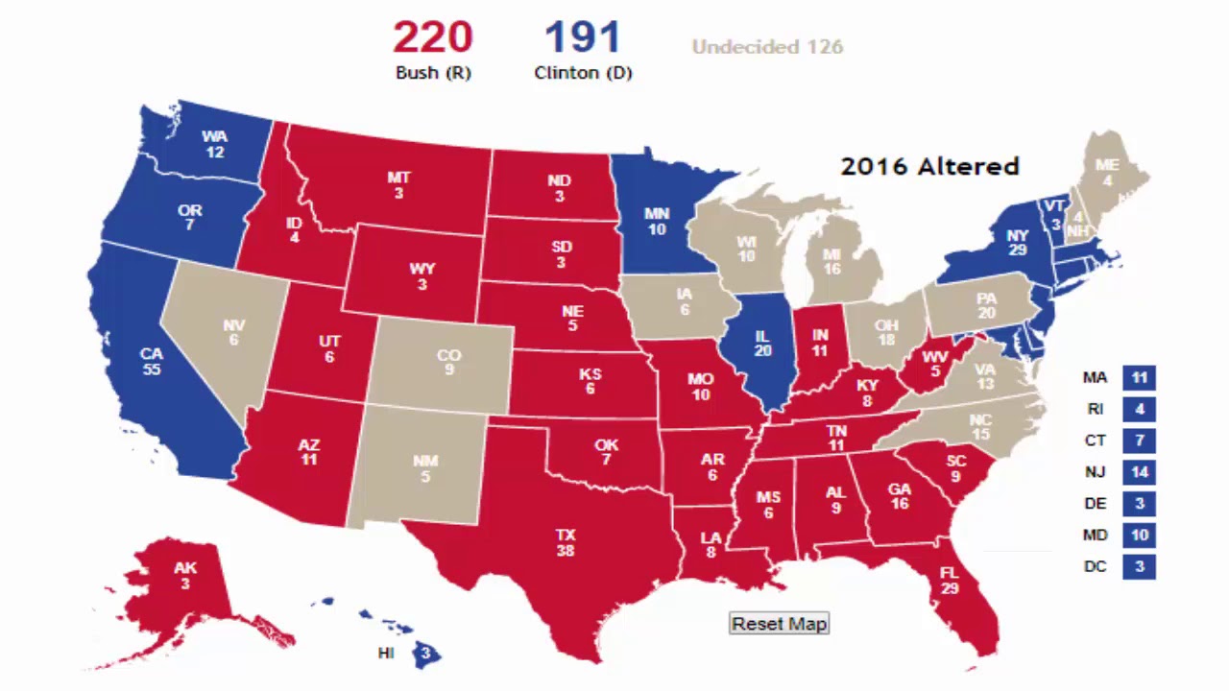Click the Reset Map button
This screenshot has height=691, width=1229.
[779, 624]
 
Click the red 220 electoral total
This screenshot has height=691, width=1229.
[432, 38]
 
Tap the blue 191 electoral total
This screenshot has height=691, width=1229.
[583, 38]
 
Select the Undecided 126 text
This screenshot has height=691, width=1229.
[767, 47]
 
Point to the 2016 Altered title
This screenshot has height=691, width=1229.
[929, 166]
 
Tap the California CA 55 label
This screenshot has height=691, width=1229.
[151, 361]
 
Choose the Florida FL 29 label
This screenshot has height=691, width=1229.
[950, 581]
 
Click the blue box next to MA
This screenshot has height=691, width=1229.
[1140, 378]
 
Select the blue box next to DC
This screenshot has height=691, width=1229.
[1140, 567]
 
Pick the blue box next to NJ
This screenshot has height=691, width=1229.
[1140, 472]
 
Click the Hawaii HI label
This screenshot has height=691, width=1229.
[386, 654]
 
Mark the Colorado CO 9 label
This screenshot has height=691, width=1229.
[449, 362]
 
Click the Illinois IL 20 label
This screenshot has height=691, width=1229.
[763, 344]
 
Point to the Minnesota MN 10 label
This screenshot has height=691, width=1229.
[657, 222]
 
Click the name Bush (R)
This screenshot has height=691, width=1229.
[433, 73]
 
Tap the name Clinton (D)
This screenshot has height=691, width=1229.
[583, 73]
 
